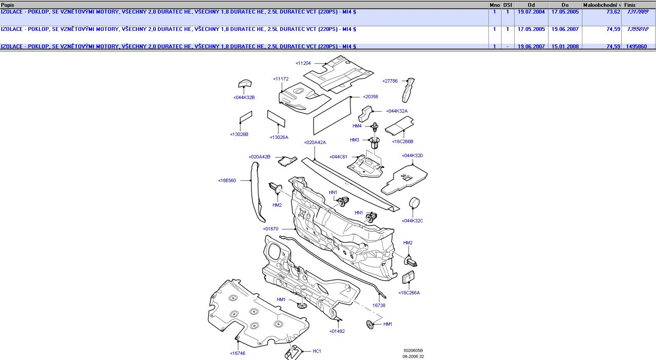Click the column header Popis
pyautogui.click(x=8, y=5)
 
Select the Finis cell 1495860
pyautogui.click(x=636, y=47)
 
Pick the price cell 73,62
pyautogui.click(x=613, y=12)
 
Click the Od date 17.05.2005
pyautogui.click(x=531, y=29)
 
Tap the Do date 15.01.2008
pyautogui.click(x=565, y=47)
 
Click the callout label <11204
pyautogui.click(x=303, y=63)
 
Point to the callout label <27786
pyautogui.click(x=390, y=81)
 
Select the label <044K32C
pyautogui.click(x=412, y=221)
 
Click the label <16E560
pyautogui.click(x=227, y=180)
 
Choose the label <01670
pyautogui.click(x=271, y=229)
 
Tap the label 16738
pyautogui.click(x=379, y=305)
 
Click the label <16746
pyautogui.click(x=237, y=353)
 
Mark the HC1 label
pyautogui.click(x=317, y=351)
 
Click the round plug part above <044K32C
pyautogui.click(x=414, y=203)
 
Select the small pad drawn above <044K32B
pyautogui.click(x=245, y=83)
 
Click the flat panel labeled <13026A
pyautogui.click(x=276, y=118)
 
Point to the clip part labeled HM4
pyautogui.click(x=375, y=126)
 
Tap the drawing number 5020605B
pyautogui.click(x=413, y=351)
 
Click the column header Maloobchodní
pyautogui.click(x=601, y=5)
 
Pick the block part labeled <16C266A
pyautogui.click(x=408, y=277)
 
